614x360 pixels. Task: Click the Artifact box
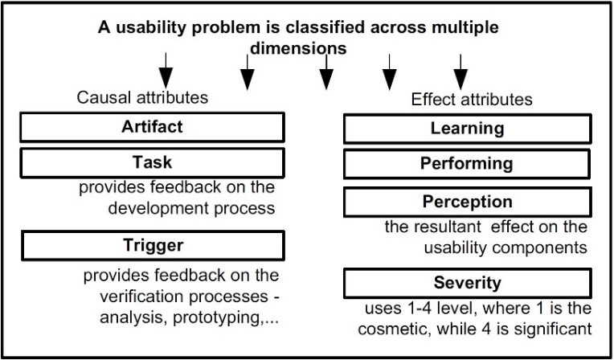(153, 127)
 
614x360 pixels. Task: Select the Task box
(153, 162)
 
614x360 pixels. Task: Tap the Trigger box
(153, 245)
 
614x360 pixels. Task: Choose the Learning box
(467, 129)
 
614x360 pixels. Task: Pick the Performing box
(467, 164)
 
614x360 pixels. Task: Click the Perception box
(467, 202)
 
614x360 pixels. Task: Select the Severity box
(467, 283)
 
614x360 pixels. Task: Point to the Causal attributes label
(142, 97)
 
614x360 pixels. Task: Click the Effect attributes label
(472, 99)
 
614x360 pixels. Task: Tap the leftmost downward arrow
(166, 71)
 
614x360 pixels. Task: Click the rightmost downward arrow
(460, 72)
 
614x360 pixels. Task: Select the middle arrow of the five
(326, 72)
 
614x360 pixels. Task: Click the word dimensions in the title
(298, 48)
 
